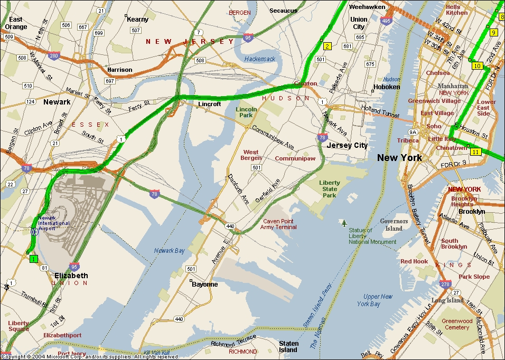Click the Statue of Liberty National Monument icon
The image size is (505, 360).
pos(344,223)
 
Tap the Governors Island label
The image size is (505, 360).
pos(394,225)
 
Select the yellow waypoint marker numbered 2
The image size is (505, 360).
pos(327,46)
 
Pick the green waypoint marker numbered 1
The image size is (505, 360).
pos(34,259)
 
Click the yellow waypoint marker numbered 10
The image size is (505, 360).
pos(477,66)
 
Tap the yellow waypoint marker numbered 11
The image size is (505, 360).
pos(476,152)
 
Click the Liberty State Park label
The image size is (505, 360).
pos(330,189)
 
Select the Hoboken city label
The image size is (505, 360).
pos(387,87)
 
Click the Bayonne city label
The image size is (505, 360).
pos(204,284)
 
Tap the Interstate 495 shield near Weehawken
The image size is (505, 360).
pos(386,21)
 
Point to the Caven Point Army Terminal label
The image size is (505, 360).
pos(278,224)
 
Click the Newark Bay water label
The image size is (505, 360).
pos(170,251)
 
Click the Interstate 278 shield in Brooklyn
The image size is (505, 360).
pos(445,284)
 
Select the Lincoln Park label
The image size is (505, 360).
pos(246,112)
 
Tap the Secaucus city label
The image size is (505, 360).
pos(284,11)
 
